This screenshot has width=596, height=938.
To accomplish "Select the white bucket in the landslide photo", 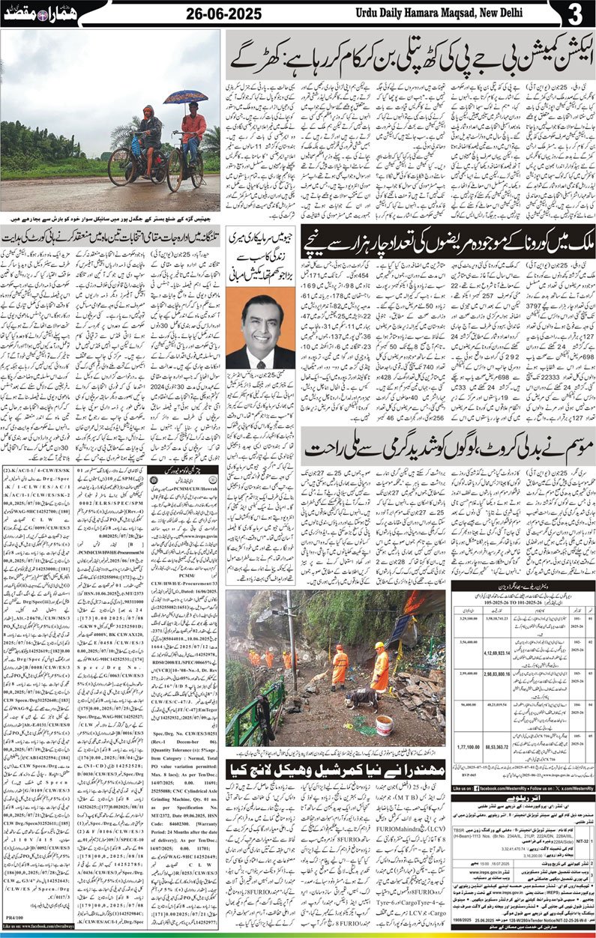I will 384,725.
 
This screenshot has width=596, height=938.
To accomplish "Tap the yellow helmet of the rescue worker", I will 379,645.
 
